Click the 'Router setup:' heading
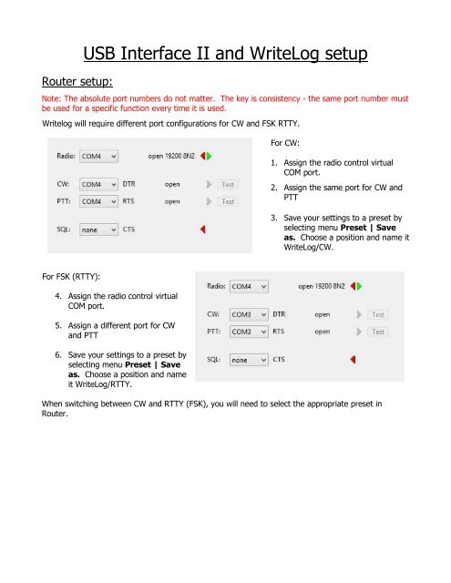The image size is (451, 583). (77, 81)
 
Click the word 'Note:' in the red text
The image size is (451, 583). (51, 98)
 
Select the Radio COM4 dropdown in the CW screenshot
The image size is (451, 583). (98, 156)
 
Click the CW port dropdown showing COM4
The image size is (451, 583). (98, 184)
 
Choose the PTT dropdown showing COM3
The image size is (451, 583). (249, 332)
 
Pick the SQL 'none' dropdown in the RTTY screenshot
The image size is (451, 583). (249, 360)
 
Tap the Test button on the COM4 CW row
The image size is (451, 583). (228, 184)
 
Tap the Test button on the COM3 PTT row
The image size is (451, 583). (378, 332)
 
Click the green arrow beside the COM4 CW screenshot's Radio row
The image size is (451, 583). (209, 156)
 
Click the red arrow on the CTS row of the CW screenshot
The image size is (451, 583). (203, 230)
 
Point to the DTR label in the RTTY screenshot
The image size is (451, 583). (279, 314)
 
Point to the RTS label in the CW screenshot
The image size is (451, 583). (128, 201)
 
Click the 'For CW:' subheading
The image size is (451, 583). (285, 143)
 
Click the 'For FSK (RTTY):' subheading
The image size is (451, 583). (71, 277)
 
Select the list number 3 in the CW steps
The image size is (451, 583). (274, 218)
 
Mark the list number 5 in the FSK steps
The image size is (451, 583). (58, 325)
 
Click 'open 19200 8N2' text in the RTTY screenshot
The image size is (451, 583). (322, 286)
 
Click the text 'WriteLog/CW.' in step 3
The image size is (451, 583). (308, 247)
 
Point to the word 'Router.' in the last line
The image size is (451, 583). (55, 414)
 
